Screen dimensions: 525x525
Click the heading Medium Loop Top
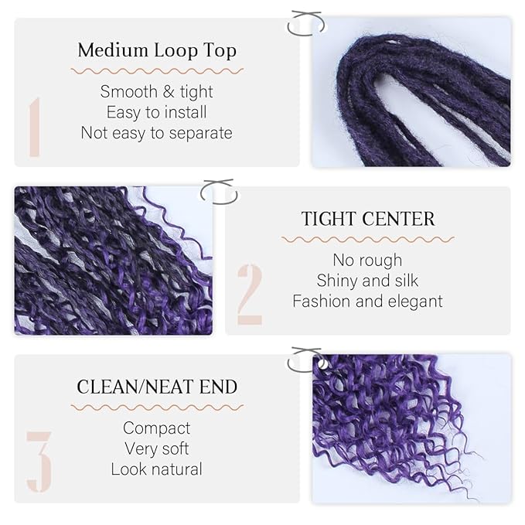point(156,51)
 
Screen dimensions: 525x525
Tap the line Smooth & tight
point(156,91)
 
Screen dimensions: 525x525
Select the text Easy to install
point(156,112)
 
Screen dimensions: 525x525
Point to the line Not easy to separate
point(156,133)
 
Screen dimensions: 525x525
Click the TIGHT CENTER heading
point(368,219)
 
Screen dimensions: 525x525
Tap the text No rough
point(368,260)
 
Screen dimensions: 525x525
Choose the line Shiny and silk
point(368,281)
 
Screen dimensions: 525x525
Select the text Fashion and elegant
point(368,302)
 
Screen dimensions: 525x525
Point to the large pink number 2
point(250,294)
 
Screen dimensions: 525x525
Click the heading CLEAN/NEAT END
point(156,387)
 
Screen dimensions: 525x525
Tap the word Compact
point(156,428)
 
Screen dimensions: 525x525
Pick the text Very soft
point(156,448)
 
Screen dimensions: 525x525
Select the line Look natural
point(156,469)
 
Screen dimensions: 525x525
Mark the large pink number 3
point(39,462)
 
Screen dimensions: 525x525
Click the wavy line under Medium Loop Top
point(156,71)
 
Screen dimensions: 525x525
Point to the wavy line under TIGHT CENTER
point(368,239)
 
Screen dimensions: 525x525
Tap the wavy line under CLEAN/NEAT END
point(156,407)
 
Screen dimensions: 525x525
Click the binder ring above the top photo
point(303,22)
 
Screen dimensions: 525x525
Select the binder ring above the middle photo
point(217,191)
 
